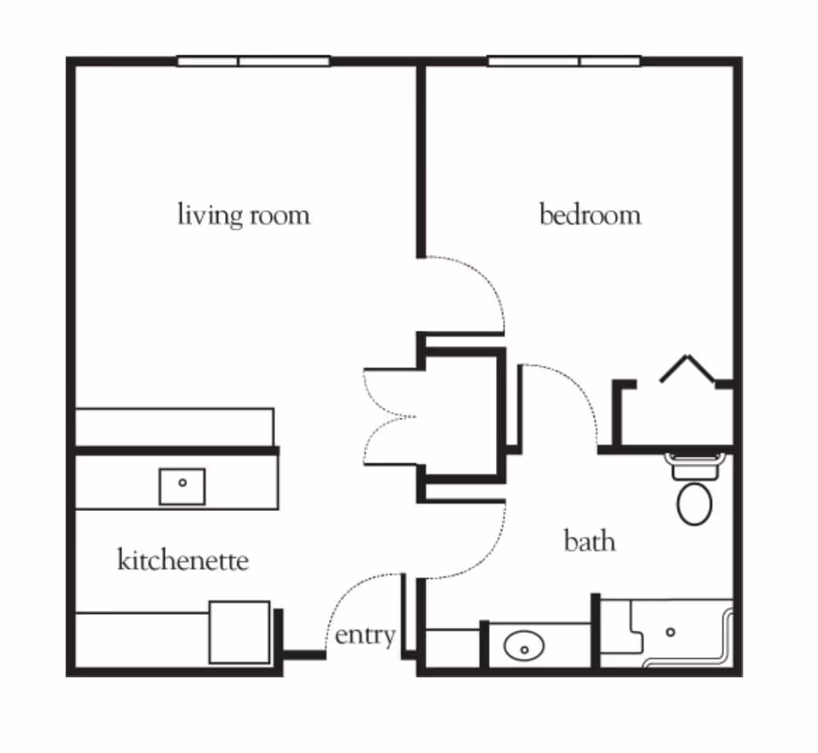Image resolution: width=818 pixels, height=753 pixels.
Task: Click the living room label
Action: (x=243, y=214)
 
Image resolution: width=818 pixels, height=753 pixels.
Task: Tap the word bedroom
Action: (x=590, y=214)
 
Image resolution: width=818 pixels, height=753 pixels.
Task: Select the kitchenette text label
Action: (x=182, y=560)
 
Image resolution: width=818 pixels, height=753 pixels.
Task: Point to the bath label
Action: (x=590, y=541)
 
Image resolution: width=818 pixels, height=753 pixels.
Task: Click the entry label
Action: (x=365, y=635)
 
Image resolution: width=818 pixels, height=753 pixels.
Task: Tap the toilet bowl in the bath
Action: (x=694, y=503)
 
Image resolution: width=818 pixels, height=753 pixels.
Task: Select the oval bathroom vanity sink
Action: (x=524, y=647)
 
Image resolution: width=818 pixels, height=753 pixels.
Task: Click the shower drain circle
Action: (x=671, y=632)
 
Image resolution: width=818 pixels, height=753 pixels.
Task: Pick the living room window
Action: (x=253, y=61)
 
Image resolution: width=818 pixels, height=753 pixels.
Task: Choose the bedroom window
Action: (x=563, y=61)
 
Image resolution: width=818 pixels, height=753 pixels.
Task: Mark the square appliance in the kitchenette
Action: (x=239, y=632)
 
